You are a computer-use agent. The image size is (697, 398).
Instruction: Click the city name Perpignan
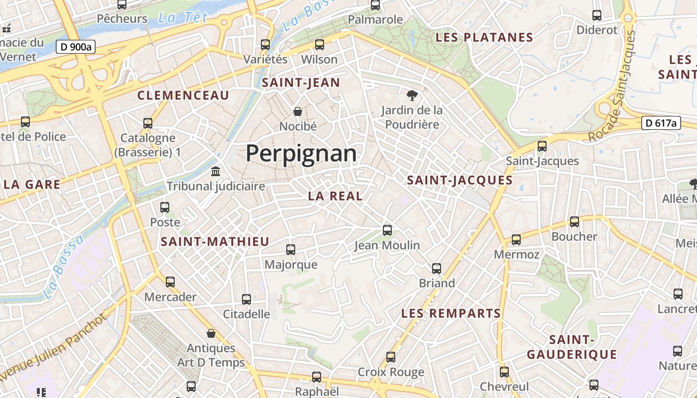(x=301, y=153)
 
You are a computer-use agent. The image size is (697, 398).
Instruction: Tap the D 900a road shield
(x=75, y=47)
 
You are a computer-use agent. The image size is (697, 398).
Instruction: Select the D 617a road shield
(x=661, y=123)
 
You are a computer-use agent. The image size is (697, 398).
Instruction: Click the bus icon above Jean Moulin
(x=387, y=230)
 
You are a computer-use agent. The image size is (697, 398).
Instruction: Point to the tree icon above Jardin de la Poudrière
(x=412, y=95)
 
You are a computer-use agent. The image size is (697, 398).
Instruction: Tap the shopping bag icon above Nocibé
(x=298, y=111)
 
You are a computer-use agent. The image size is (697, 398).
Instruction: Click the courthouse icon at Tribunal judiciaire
(x=216, y=171)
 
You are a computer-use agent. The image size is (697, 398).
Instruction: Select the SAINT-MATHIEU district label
(x=215, y=242)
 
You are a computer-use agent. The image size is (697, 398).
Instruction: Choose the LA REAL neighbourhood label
(x=336, y=196)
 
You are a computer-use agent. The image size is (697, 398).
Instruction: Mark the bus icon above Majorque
(x=291, y=249)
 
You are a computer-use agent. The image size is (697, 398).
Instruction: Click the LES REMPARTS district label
(x=451, y=313)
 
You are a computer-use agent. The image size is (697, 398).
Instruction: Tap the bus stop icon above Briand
(x=437, y=268)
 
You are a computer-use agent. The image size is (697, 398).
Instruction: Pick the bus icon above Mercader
(x=170, y=282)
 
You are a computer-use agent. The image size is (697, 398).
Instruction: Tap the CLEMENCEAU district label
(x=183, y=96)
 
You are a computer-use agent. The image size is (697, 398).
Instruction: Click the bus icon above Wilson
(x=320, y=44)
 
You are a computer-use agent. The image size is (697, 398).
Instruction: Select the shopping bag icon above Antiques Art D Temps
(x=211, y=333)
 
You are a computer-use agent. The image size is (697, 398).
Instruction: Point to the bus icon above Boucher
(x=575, y=221)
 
